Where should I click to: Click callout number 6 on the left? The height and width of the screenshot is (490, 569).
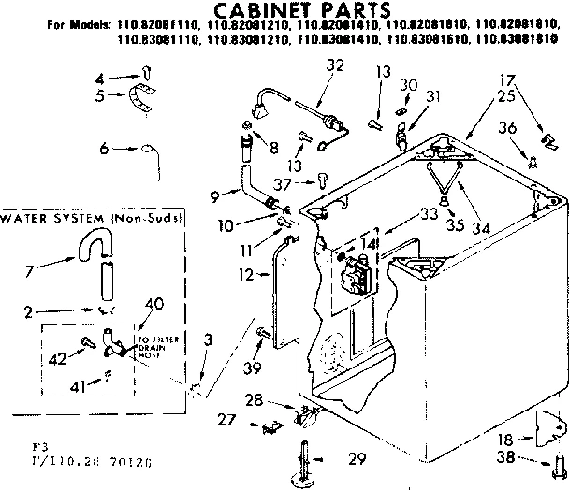106,148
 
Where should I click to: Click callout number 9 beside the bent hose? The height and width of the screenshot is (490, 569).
217,196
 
